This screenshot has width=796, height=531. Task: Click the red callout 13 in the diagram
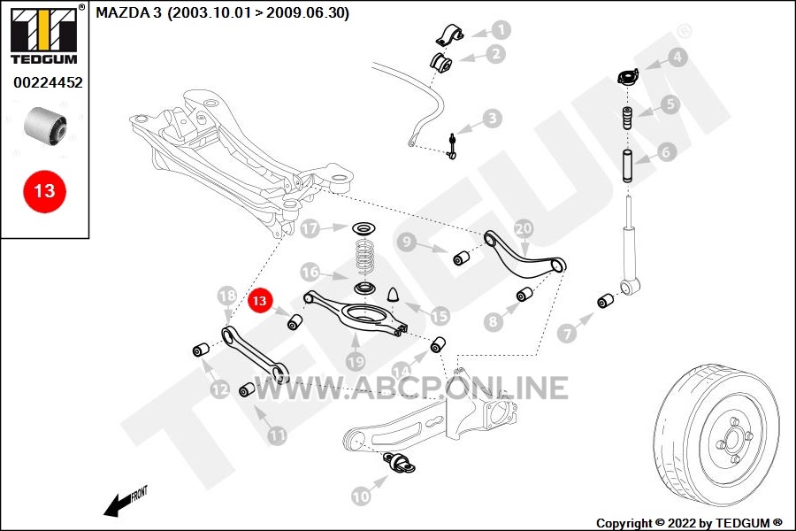(x=260, y=300)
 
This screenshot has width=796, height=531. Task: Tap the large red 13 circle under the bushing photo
(x=44, y=191)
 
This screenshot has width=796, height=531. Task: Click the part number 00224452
(x=48, y=82)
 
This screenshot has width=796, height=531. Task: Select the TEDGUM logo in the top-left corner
(x=45, y=35)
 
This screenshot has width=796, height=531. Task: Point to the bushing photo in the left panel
(x=45, y=125)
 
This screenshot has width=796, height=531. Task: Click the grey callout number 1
(x=501, y=30)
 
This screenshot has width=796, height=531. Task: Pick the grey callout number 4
(x=677, y=57)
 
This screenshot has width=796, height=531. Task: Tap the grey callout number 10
(x=361, y=496)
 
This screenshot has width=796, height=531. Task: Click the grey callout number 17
(x=310, y=228)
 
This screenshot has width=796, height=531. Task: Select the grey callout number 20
(x=524, y=228)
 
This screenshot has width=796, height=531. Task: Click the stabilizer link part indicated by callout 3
(x=452, y=146)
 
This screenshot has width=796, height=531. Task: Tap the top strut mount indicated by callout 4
(x=628, y=78)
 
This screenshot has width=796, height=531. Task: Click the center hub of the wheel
(x=731, y=437)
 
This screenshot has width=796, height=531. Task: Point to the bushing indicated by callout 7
(x=605, y=301)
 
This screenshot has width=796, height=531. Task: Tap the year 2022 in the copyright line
(x=681, y=523)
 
